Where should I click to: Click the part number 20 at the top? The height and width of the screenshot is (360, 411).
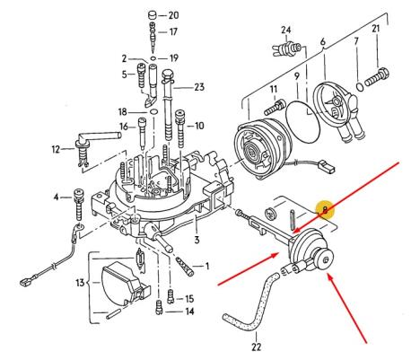click(173, 15)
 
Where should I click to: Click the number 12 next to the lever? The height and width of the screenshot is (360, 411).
click(57, 149)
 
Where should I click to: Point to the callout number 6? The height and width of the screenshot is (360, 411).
click(322, 41)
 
